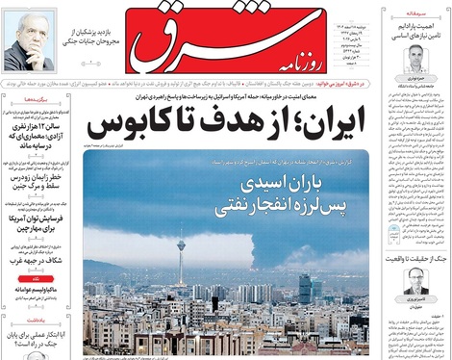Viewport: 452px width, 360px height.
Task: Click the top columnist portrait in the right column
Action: pyautogui.click(x=414, y=56)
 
